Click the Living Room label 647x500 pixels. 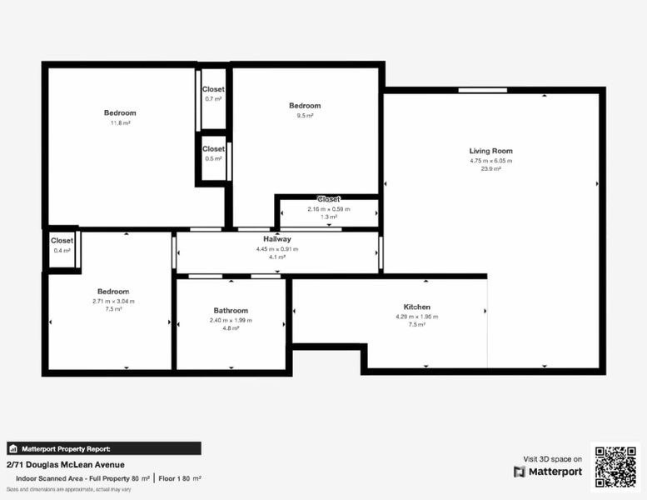coord(490,151)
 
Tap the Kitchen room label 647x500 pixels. coord(416,307)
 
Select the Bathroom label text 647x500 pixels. coord(231,311)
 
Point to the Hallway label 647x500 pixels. coord(277,239)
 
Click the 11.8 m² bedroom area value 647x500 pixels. coord(120,122)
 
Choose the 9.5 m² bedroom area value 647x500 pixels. coord(305,116)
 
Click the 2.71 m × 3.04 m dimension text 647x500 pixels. coord(113,301)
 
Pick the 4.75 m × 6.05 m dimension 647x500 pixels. coord(490,160)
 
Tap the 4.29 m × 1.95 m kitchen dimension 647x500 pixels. coord(416,317)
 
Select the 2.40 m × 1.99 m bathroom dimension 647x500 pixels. coord(231,320)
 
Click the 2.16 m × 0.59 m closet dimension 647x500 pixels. coord(329,209)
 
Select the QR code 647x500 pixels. coord(615,466)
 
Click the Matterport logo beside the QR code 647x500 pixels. coord(548,472)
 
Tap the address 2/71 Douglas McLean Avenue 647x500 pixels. coord(66,464)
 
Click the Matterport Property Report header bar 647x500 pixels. coord(103,447)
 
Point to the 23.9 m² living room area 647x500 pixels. coord(490,169)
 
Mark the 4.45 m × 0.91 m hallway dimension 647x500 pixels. coord(277,248)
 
